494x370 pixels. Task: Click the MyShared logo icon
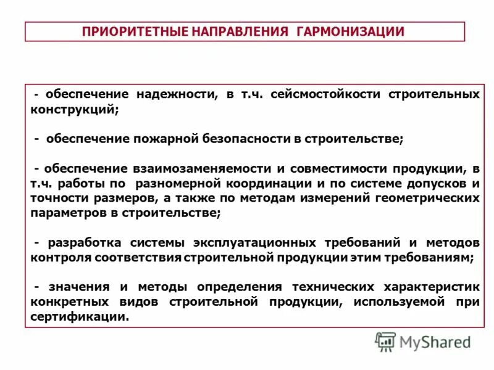pos(385,342)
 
